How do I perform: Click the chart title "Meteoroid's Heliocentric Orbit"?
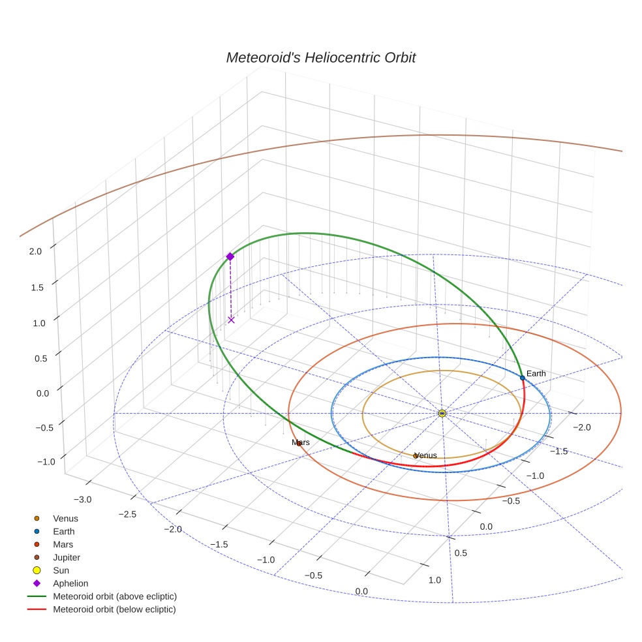click(320, 57)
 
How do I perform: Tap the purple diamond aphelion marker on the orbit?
click(230, 256)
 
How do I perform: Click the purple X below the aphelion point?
click(231, 320)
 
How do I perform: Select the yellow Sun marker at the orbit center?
click(442, 413)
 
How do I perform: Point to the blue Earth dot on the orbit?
click(522, 378)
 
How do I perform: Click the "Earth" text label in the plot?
click(536, 373)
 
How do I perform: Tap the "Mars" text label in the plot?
click(300, 442)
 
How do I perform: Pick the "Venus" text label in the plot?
click(425, 455)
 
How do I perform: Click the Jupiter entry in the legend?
click(65, 557)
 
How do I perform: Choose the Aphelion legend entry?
click(70, 583)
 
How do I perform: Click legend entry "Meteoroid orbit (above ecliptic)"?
click(114, 596)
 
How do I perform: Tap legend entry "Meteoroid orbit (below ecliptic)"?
click(114, 609)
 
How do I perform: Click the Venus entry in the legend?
click(65, 518)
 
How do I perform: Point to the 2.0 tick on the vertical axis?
click(36, 251)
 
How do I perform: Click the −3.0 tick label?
click(82, 499)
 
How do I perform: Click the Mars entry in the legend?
click(63, 544)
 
